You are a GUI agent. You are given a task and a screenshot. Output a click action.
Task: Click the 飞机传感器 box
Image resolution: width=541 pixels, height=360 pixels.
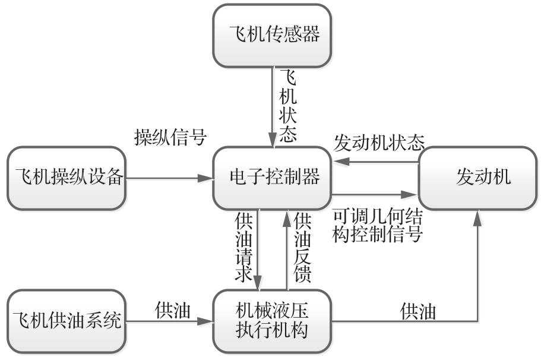click(273, 35)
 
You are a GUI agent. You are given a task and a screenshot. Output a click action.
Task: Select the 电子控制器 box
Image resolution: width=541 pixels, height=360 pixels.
click(273, 178)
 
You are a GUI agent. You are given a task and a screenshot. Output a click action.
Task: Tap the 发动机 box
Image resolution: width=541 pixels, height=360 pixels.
click(479, 178)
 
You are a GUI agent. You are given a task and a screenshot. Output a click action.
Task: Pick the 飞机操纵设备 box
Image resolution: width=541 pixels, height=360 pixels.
click(67, 178)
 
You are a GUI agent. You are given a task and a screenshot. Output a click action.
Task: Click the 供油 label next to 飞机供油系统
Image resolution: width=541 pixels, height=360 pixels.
click(173, 310)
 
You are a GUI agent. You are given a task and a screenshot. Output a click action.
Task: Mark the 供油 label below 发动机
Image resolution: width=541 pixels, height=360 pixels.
click(419, 311)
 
